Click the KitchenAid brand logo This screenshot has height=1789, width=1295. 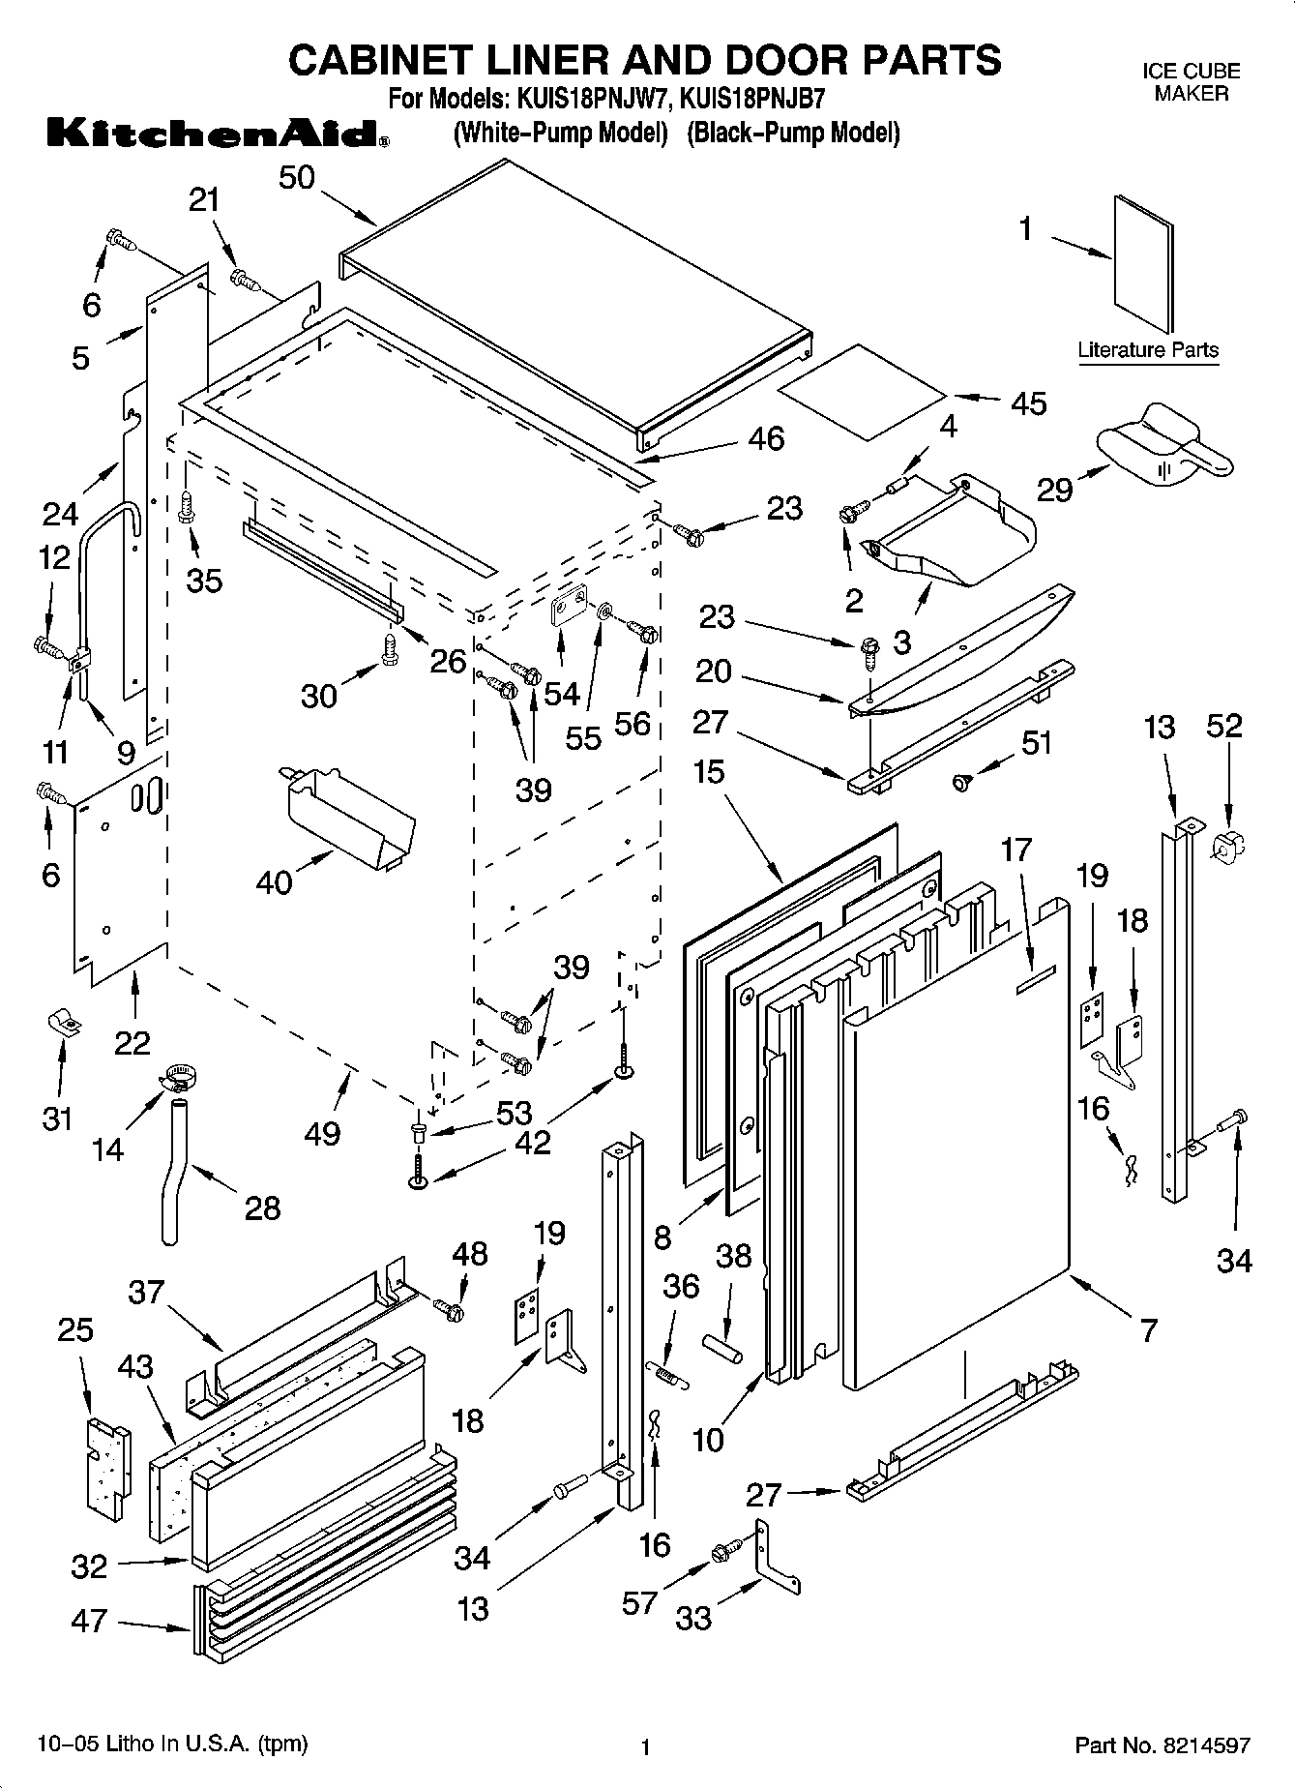tap(217, 133)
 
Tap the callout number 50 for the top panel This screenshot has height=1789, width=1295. tap(298, 178)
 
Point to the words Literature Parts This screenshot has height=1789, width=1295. tap(1148, 350)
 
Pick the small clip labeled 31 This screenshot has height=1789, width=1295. tap(64, 1024)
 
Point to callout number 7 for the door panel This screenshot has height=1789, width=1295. tap(1148, 1330)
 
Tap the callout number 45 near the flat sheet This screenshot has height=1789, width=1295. tap(1028, 403)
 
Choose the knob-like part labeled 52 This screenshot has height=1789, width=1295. tap(1222, 845)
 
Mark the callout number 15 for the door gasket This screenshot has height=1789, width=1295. tap(708, 771)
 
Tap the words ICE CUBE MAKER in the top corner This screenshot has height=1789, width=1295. tap(1191, 82)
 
